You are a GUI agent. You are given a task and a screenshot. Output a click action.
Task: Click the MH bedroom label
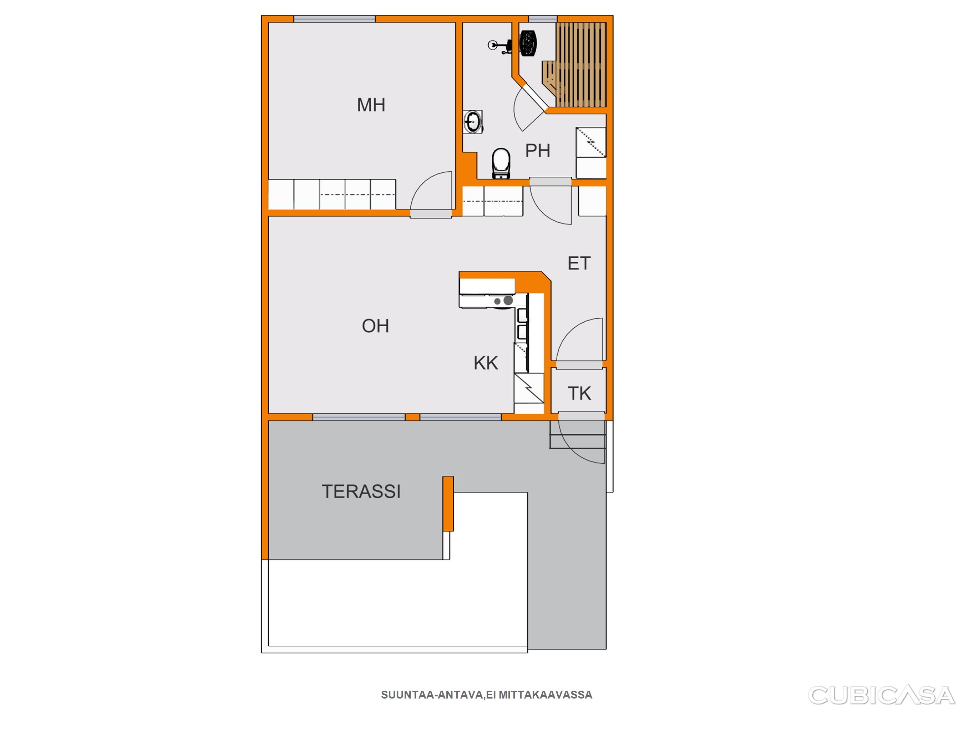tap(371, 105)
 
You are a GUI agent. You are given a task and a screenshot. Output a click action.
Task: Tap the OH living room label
tap(375, 326)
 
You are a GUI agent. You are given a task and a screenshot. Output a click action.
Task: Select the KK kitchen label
tap(486, 363)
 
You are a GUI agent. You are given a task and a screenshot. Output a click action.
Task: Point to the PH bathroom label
tap(538, 151)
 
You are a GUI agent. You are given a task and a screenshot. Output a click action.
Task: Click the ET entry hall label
tap(579, 263)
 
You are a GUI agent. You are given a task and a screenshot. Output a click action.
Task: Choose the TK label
tap(579, 393)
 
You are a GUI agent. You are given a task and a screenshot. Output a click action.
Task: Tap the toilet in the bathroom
tap(501, 163)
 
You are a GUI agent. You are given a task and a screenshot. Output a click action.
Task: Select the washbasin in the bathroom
tap(473, 122)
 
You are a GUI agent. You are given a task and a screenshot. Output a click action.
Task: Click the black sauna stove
tap(528, 43)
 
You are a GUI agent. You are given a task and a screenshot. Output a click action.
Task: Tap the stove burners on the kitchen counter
tap(504, 301)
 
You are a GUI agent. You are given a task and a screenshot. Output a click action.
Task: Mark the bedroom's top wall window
tap(334, 19)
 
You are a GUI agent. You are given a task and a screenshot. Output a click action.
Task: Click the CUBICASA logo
tap(882, 696)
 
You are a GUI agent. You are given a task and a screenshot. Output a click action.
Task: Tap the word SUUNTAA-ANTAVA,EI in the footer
tap(438, 695)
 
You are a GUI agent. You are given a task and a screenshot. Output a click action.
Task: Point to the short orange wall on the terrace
tap(448, 504)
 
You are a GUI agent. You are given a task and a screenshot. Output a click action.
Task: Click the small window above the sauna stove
tap(543, 19)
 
